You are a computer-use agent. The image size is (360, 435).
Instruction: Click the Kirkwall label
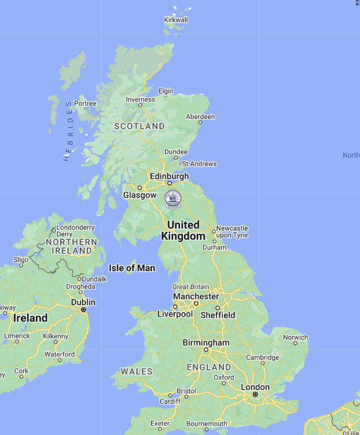click(x=176, y=20)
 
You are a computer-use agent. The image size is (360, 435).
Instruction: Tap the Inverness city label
click(x=141, y=99)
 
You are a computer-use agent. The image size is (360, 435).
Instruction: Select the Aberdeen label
click(x=200, y=117)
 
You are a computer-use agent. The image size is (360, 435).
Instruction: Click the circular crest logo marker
click(x=173, y=199)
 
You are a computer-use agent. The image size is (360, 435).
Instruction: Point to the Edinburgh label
click(x=169, y=176)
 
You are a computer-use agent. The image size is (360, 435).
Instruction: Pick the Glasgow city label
click(x=140, y=195)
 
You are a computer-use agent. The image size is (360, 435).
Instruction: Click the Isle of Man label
click(x=132, y=268)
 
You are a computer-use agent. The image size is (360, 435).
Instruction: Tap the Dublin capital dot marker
click(x=83, y=310)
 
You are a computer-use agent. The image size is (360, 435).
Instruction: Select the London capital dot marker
click(x=255, y=395)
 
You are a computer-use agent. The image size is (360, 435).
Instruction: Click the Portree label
click(x=85, y=104)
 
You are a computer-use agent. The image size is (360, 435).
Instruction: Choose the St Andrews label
click(x=199, y=164)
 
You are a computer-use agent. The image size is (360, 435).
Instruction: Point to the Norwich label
click(x=295, y=338)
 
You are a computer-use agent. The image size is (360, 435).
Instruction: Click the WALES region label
click(x=137, y=371)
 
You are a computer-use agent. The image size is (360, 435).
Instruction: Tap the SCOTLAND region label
click(x=140, y=126)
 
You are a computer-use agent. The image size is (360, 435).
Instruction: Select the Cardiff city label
click(x=171, y=401)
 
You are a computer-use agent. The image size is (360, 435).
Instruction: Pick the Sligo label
click(x=21, y=259)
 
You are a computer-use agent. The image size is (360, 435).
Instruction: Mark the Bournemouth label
click(x=207, y=424)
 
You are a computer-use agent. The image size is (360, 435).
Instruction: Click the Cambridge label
click(x=262, y=358)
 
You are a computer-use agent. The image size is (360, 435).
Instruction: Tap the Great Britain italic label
click(x=191, y=287)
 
